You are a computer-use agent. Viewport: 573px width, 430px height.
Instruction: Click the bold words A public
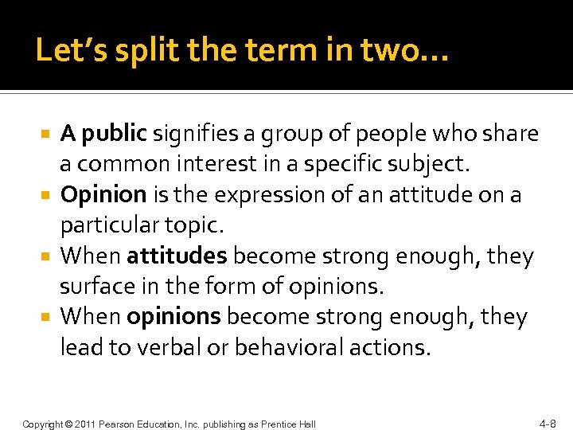103,135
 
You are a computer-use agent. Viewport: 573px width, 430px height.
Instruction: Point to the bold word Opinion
103,195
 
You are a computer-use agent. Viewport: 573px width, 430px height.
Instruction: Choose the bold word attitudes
177,256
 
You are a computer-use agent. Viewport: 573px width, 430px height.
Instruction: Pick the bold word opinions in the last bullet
173,317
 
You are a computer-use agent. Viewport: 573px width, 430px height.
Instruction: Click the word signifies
197,135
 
